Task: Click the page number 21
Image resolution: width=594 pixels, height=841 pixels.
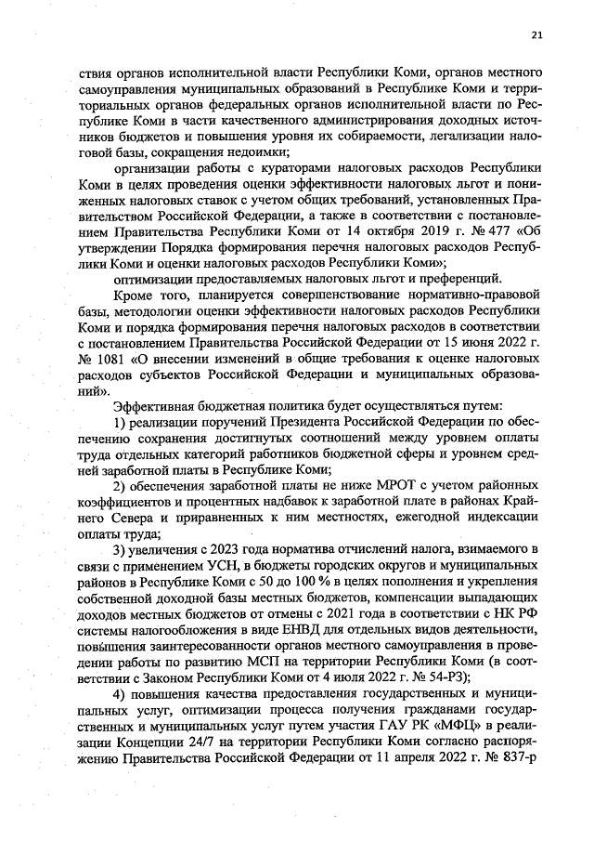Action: click(536, 35)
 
